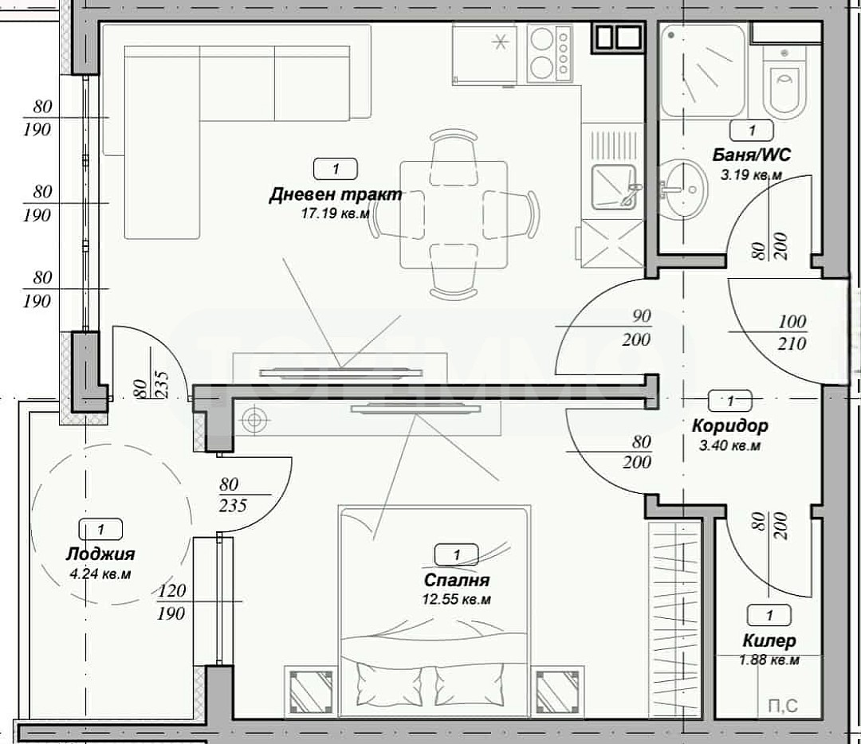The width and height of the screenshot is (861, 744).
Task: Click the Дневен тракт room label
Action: (335, 195)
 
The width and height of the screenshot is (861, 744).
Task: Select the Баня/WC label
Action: (752, 155)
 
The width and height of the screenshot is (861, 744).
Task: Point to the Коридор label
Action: (729, 426)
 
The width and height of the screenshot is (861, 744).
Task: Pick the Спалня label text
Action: (456, 581)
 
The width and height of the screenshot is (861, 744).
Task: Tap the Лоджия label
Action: (100, 554)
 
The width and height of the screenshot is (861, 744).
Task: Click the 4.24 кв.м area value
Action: (100, 574)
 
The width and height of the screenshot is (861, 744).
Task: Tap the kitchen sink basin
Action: (612, 188)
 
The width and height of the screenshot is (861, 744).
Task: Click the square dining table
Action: (454, 214)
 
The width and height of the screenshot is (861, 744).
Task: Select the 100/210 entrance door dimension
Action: (792, 332)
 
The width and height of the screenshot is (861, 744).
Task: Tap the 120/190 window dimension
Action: (171, 602)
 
